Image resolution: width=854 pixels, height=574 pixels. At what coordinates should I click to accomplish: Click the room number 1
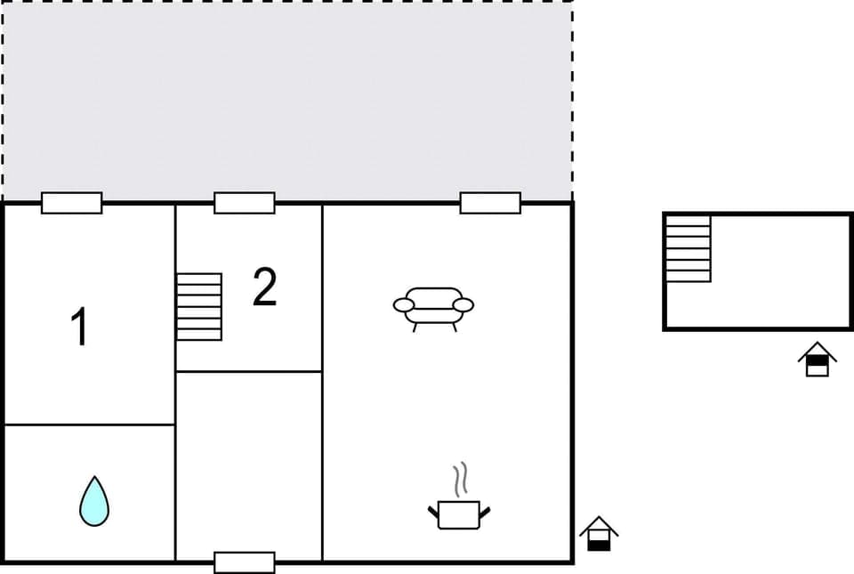click(80, 327)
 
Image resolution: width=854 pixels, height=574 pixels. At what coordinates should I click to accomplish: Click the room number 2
click(264, 287)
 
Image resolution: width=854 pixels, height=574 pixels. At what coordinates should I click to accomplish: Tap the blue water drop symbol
click(93, 500)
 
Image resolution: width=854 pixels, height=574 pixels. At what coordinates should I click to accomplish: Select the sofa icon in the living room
click(433, 306)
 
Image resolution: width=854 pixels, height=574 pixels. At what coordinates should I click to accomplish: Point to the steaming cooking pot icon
click(459, 513)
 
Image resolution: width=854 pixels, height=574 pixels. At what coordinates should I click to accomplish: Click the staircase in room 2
click(198, 306)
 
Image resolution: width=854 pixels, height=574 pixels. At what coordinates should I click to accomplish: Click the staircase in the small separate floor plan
click(689, 248)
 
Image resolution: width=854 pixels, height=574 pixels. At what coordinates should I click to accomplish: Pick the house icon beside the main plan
click(599, 533)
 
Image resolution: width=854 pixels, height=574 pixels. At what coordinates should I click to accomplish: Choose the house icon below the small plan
click(817, 360)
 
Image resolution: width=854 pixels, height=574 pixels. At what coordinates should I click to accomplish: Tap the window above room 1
click(72, 203)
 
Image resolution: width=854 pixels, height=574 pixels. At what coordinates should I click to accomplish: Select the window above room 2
click(245, 203)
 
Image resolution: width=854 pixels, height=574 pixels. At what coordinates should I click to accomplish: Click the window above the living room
click(490, 203)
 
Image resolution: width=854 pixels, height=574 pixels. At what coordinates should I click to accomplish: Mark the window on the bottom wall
click(245, 562)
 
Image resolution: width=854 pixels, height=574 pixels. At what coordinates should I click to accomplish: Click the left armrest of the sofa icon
click(404, 305)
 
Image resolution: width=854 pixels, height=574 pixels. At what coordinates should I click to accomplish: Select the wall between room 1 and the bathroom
click(89, 424)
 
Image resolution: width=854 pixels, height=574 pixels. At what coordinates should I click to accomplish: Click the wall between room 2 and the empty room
click(249, 371)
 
